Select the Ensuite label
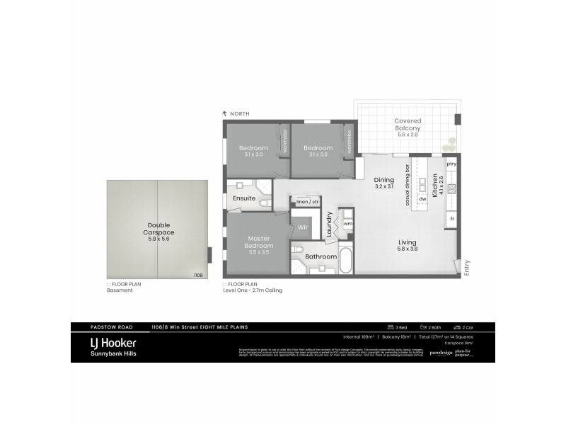pyautogui.click(x=243, y=198)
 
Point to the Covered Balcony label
pyautogui.click(x=409, y=125)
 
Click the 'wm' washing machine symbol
pyautogui.click(x=347, y=223)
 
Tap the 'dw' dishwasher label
pyautogui.click(x=422, y=199)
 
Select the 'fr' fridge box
pyautogui.click(x=451, y=220)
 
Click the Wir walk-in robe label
pyautogui.click(x=302, y=227)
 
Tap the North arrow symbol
pyautogui.click(x=224, y=114)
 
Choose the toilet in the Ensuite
pyautogui.click(x=264, y=203)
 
